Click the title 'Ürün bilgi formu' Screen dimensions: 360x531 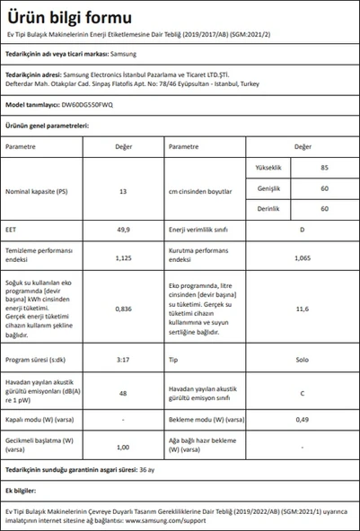[x=68, y=18]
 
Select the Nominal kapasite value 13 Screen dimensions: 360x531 [x=124, y=192]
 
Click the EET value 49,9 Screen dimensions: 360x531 [x=124, y=229]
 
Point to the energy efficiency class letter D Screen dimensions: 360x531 [x=302, y=229]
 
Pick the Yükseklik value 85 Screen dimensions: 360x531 [x=324, y=168]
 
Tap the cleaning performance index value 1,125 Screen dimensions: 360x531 [x=124, y=257]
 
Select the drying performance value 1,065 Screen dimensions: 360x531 [x=302, y=257]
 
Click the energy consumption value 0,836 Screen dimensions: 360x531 [x=124, y=309]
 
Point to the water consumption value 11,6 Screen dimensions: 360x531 [x=302, y=309]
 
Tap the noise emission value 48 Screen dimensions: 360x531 [x=124, y=392]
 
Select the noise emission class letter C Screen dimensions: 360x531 [x=302, y=392]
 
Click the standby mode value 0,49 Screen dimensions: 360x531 [x=302, y=420]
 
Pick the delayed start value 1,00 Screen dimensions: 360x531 [x=124, y=446]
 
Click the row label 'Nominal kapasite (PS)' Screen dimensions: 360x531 [x=36, y=192]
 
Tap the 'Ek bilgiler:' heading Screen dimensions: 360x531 [x=22, y=491]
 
